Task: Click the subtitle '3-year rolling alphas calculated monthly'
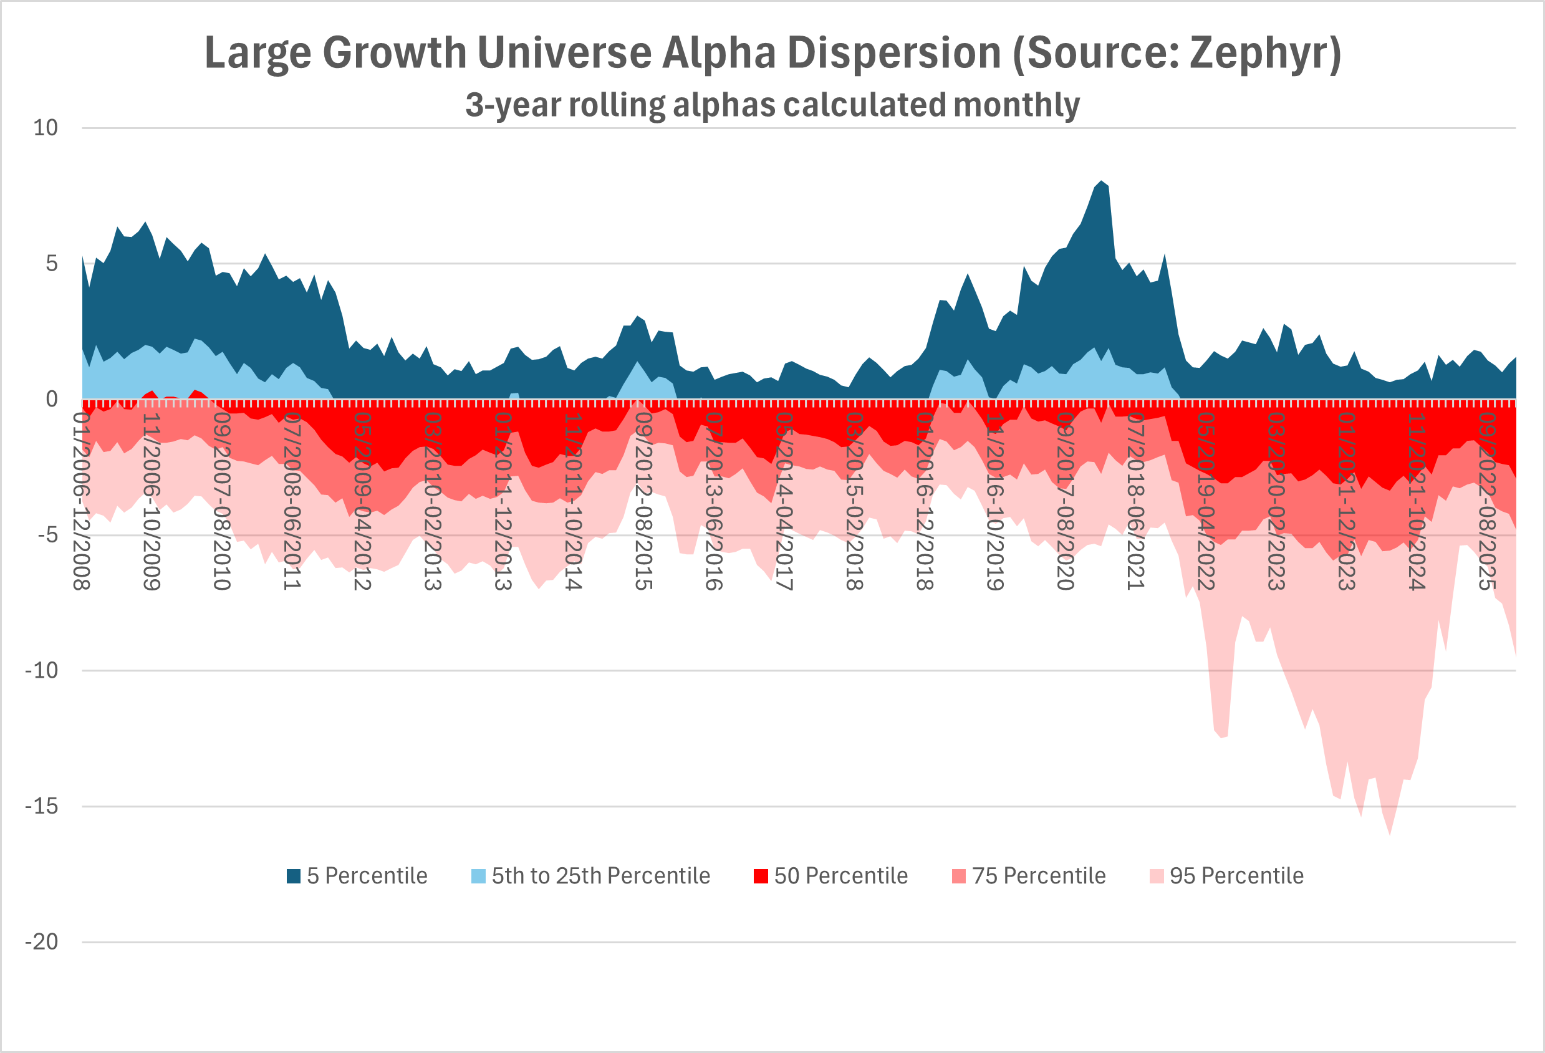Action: click(772, 105)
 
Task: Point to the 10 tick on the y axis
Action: click(46, 128)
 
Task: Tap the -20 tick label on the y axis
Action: click(41, 941)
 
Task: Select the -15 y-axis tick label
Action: click(41, 805)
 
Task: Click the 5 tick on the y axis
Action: click(51, 263)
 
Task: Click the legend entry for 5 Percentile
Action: click(357, 875)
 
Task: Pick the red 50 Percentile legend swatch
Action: click(761, 875)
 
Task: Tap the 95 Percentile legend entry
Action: click(1226, 875)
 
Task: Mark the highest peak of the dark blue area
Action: click(1102, 181)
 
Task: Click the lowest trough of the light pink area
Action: click(1389, 834)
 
